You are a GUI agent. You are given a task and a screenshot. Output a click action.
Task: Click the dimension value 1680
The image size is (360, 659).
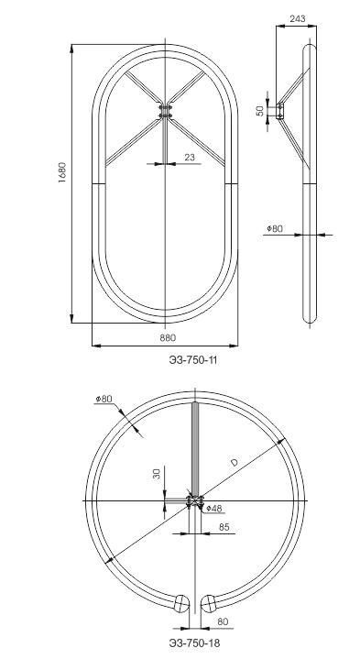(62, 171)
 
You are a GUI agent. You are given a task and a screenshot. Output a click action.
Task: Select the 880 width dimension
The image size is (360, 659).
(168, 337)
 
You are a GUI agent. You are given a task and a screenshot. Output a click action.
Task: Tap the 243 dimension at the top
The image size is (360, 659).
(298, 19)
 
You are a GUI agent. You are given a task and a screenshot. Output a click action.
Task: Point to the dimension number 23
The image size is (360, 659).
(190, 157)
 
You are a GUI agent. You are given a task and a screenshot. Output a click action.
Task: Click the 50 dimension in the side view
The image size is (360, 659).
(260, 111)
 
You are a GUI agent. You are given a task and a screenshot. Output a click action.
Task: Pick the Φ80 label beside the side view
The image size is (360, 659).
(275, 228)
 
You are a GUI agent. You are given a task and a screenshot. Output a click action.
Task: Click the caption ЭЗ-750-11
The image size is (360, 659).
(193, 360)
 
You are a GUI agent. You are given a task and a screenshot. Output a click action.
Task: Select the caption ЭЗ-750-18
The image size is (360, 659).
(194, 643)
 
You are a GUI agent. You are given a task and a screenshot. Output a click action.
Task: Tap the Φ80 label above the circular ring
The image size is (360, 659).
(104, 399)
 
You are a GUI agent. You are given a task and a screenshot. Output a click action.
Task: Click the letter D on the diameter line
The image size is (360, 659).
(235, 462)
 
